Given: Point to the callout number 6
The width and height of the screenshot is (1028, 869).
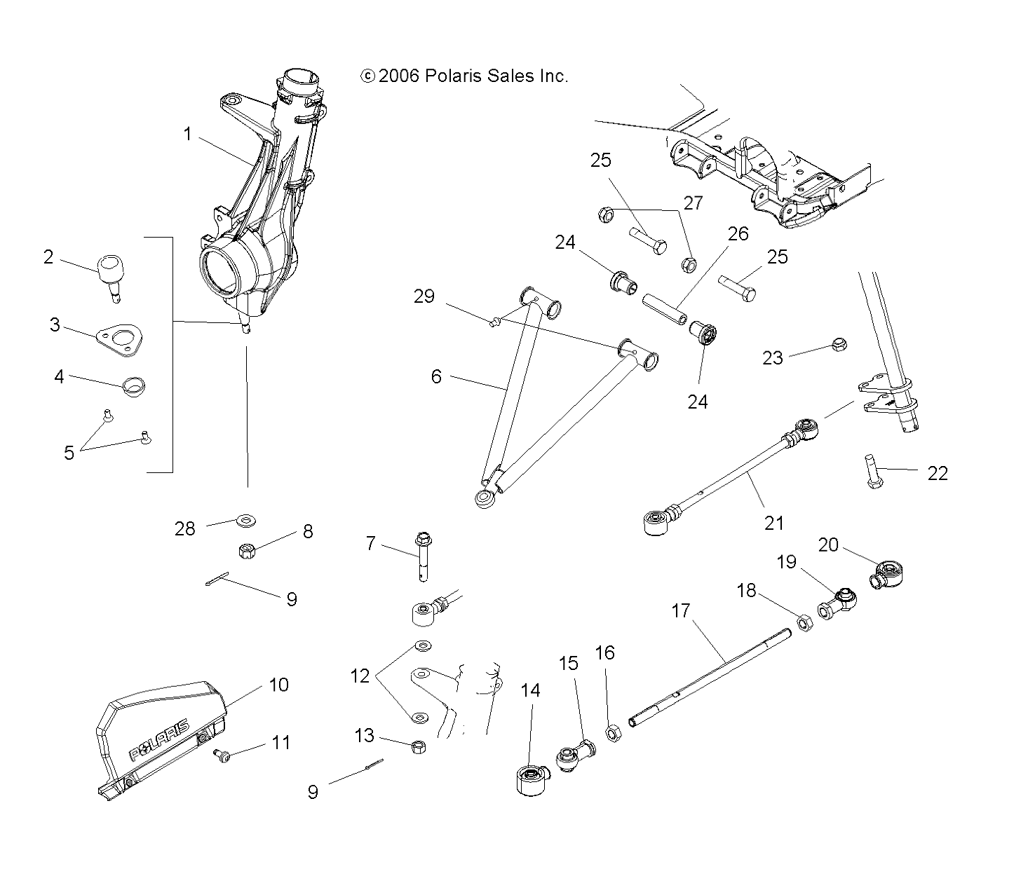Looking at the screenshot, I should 436,377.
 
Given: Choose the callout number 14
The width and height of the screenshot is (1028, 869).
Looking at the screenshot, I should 531,690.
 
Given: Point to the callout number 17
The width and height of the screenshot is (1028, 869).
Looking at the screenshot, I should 681,610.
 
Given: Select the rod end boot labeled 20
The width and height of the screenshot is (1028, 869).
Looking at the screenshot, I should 888,573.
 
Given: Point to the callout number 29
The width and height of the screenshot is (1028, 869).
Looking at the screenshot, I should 424,296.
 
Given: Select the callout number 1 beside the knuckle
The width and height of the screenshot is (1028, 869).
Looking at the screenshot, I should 187,134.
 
